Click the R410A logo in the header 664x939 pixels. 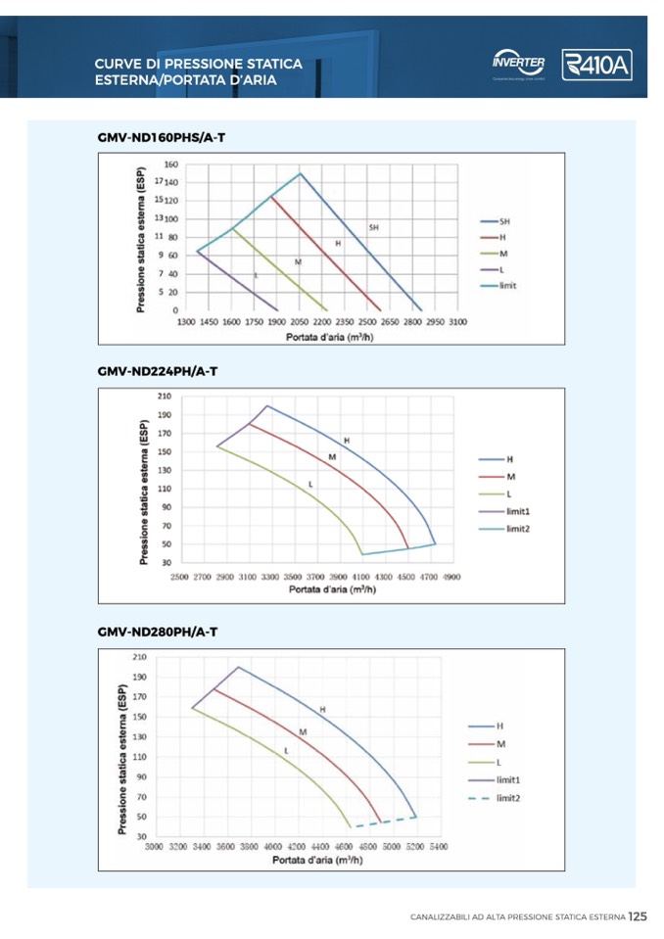click(596, 65)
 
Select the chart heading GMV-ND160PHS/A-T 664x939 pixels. click(162, 137)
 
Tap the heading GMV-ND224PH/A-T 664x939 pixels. click(158, 372)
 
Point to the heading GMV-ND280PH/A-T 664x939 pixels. click(158, 633)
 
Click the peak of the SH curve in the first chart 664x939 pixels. click(300, 173)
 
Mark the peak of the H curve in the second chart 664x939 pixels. click(267, 405)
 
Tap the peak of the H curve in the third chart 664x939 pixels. click(238, 667)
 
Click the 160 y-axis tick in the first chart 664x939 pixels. click(170, 164)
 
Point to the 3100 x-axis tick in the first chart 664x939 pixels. click(457, 321)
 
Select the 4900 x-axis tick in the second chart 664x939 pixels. click(451, 577)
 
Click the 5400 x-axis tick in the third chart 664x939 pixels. click(438, 845)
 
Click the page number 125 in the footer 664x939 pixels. click(638, 917)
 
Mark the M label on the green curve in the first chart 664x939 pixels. click(298, 261)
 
